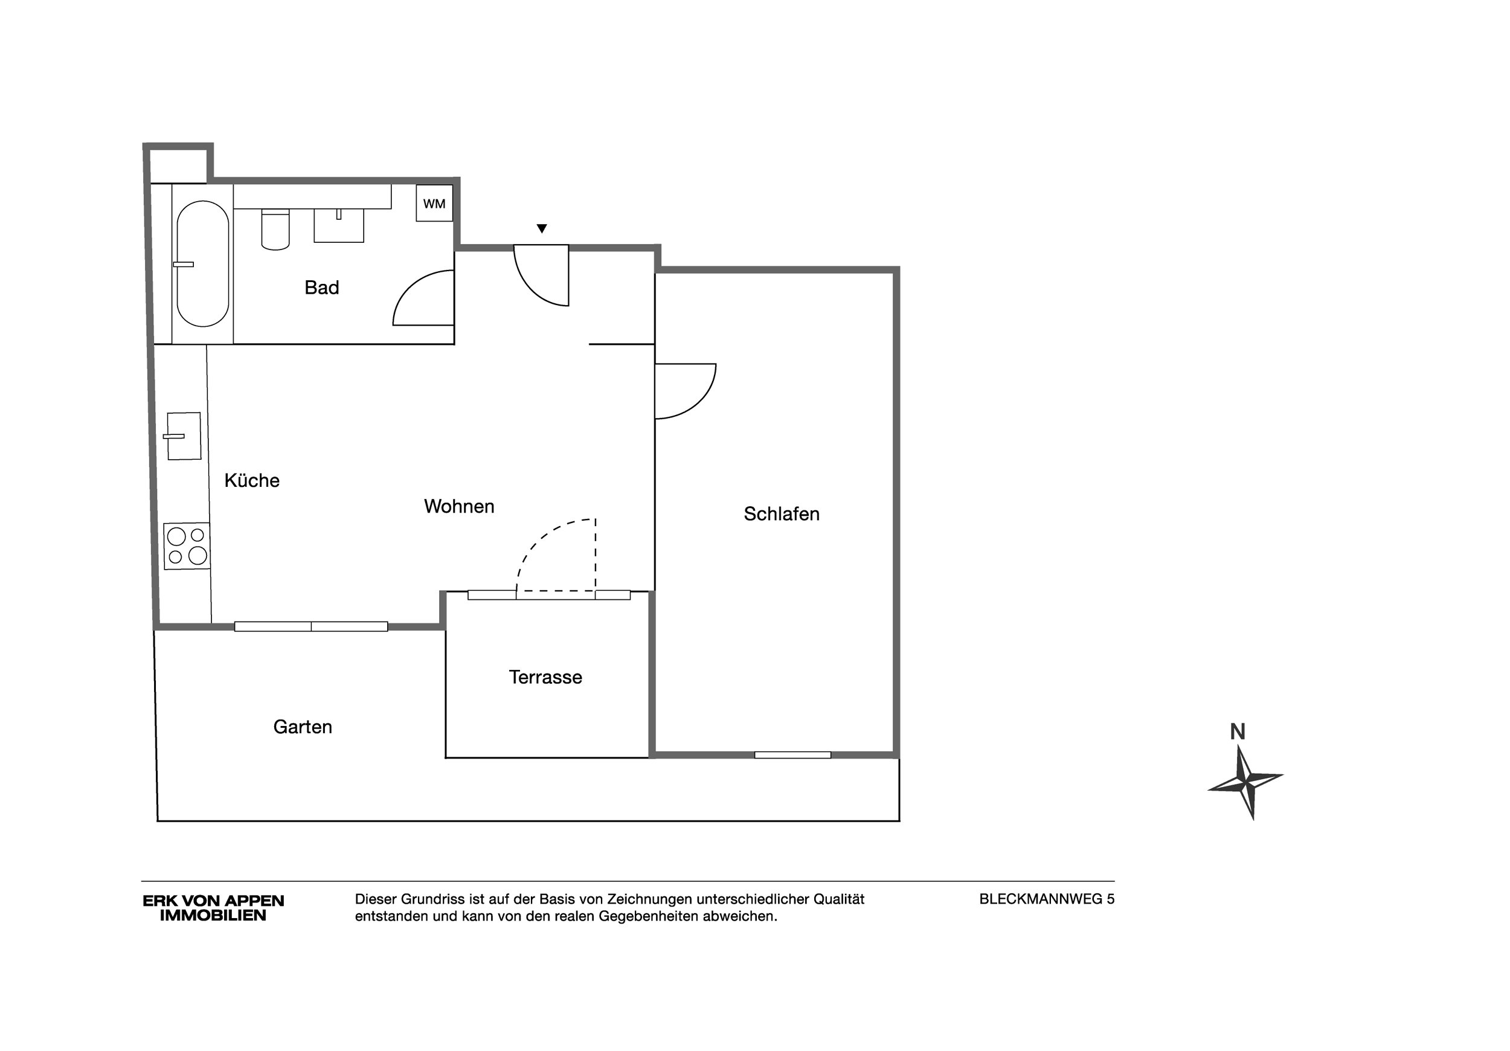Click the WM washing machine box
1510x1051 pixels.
tap(434, 203)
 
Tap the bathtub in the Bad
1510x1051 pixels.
tap(202, 264)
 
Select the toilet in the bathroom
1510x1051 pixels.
tap(275, 230)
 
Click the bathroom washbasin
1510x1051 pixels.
tap(339, 225)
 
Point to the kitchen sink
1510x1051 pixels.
tap(183, 436)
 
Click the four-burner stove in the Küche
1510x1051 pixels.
tap(187, 546)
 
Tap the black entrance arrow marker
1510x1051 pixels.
tap(541, 229)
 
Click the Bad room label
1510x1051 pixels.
tap(321, 288)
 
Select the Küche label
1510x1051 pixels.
tap(252, 480)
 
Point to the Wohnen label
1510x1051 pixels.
tap(459, 506)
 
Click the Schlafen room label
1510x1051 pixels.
tap(782, 513)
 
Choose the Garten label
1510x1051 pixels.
tap(303, 727)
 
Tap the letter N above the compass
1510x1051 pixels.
tap(1237, 731)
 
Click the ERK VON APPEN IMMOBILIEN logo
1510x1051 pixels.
tap(213, 908)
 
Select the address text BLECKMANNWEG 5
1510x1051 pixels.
tap(1046, 899)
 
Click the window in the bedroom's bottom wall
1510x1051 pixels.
tap(792, 755)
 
